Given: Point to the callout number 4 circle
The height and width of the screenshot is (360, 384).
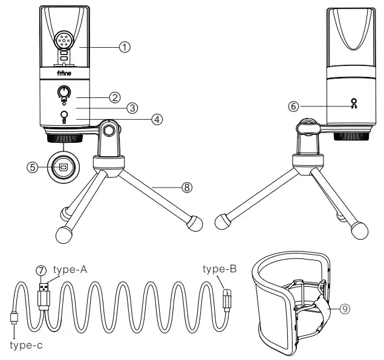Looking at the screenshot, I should click(x=157, y=119).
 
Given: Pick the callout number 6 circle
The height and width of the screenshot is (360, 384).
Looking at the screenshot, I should click(x=293, y=106).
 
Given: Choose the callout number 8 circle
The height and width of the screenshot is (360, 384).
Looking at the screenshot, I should click(x=186, y=188).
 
